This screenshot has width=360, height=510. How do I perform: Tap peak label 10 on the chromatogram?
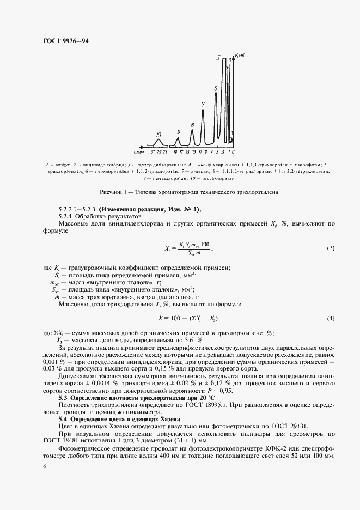pos(158,134)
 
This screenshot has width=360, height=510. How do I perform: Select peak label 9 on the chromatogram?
pos(179,132)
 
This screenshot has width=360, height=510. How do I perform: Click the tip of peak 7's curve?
pos(204,110)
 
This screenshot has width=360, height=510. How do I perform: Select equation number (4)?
pos(330,317)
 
